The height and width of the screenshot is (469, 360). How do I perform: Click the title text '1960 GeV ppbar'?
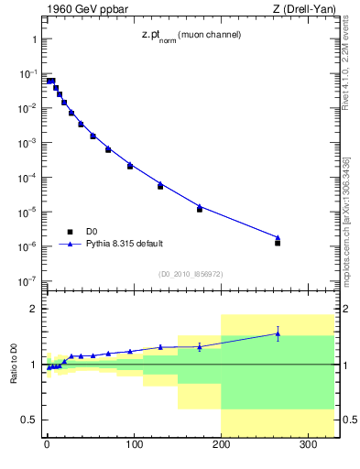(x=82, y=10)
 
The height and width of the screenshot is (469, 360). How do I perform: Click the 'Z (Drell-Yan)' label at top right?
(x=305, y=10)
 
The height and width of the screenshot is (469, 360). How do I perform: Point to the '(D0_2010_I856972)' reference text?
(x=190, y=273)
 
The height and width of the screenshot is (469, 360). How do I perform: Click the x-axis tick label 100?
(x=134, y=448)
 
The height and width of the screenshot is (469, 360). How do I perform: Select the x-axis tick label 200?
(x=221, y=448)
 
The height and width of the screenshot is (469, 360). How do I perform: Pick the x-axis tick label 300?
(x=308, y=448)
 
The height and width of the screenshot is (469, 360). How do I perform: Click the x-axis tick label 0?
(x=47, y=448)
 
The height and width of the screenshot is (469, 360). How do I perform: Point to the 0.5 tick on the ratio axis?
(x=27, y=420)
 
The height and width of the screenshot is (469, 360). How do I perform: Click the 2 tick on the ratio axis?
(x=31, y=309)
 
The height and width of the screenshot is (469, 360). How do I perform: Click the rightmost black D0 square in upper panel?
(x=278, y=243)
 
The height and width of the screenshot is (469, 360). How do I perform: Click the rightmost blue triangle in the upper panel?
(x=278, y=237)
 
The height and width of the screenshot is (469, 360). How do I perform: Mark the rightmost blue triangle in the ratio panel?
(x=278, y=334)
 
